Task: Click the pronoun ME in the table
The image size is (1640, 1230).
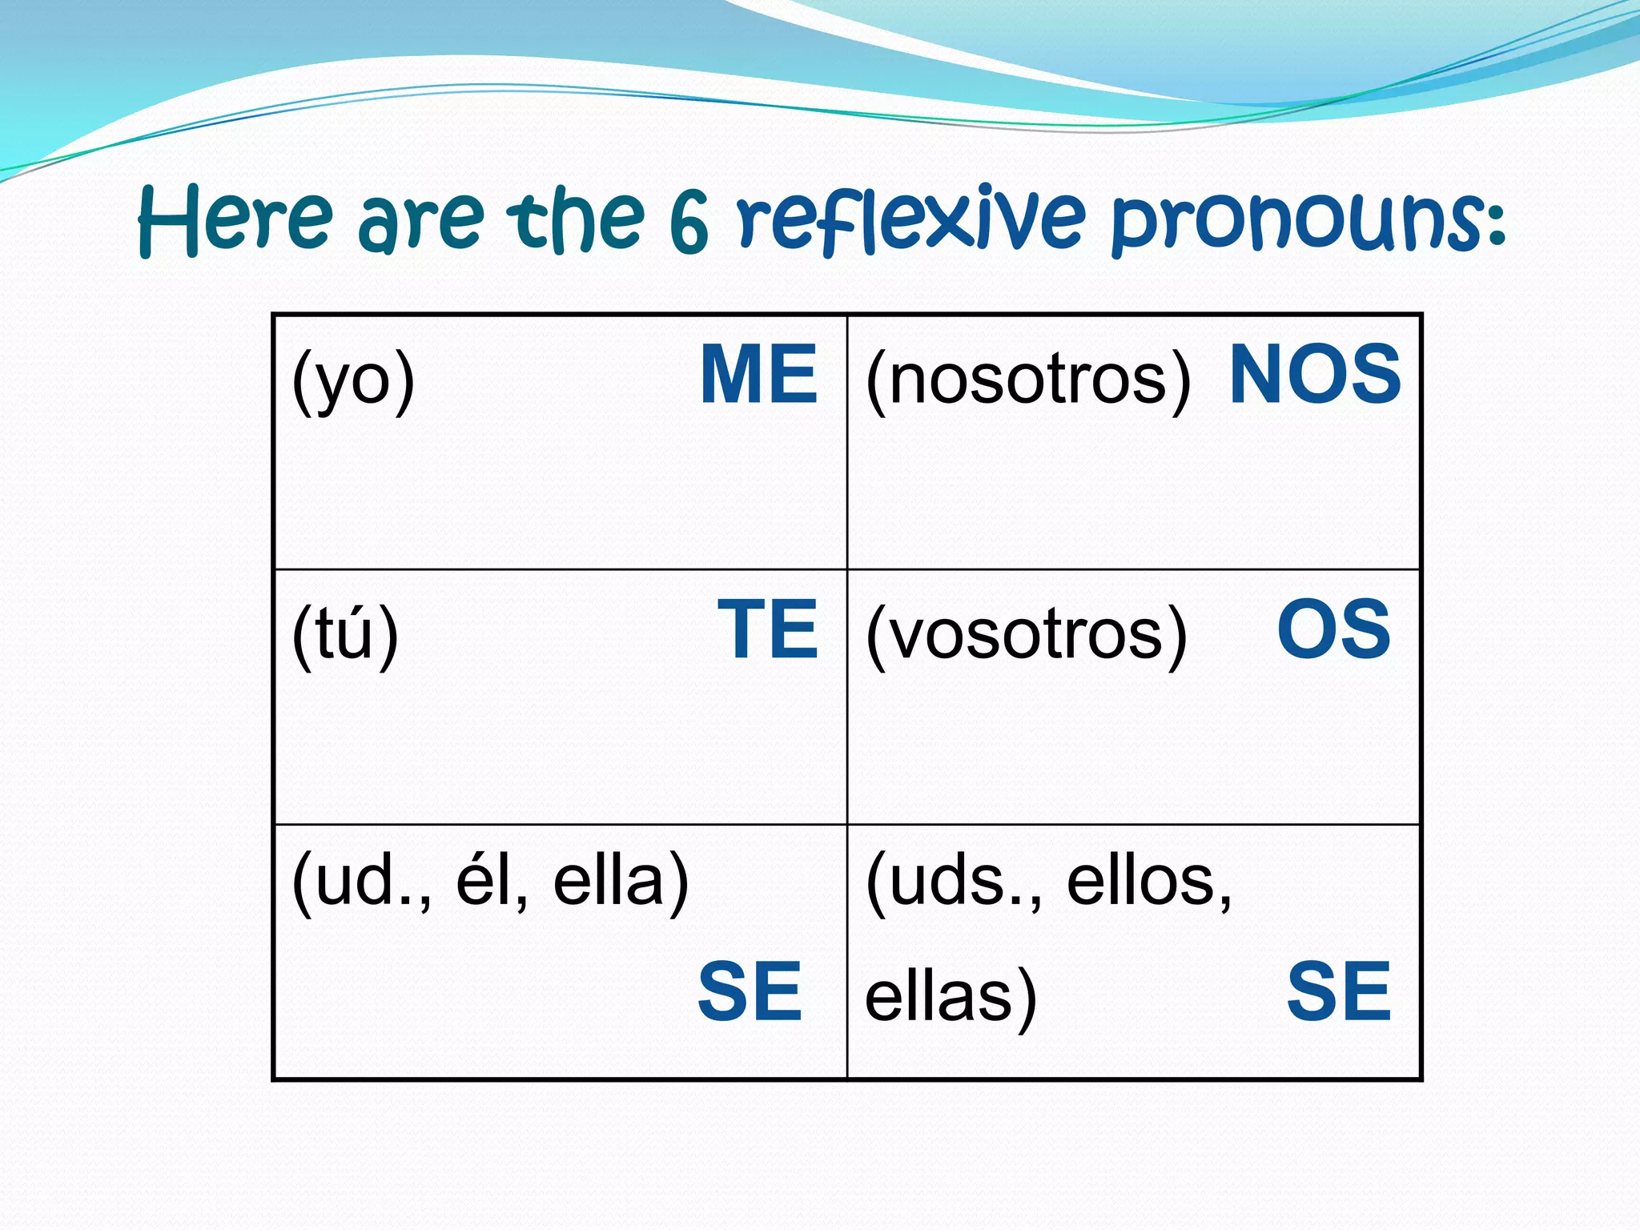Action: tap(758, 375)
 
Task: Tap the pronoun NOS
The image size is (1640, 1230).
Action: tap(1315, 375)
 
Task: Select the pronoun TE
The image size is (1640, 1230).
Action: tap(767, 630)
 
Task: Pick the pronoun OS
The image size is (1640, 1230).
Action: tap(1333, 630)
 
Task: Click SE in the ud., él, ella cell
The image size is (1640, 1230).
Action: tap(750, 992)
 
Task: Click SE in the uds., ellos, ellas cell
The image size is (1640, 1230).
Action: tap(1339, 992)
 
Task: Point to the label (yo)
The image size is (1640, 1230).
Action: tap(353, 380)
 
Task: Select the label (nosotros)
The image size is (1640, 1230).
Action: tap(1028, 380)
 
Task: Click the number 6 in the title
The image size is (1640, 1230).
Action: tap(689, 223)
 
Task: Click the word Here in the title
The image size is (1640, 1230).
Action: tap(235, 219)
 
